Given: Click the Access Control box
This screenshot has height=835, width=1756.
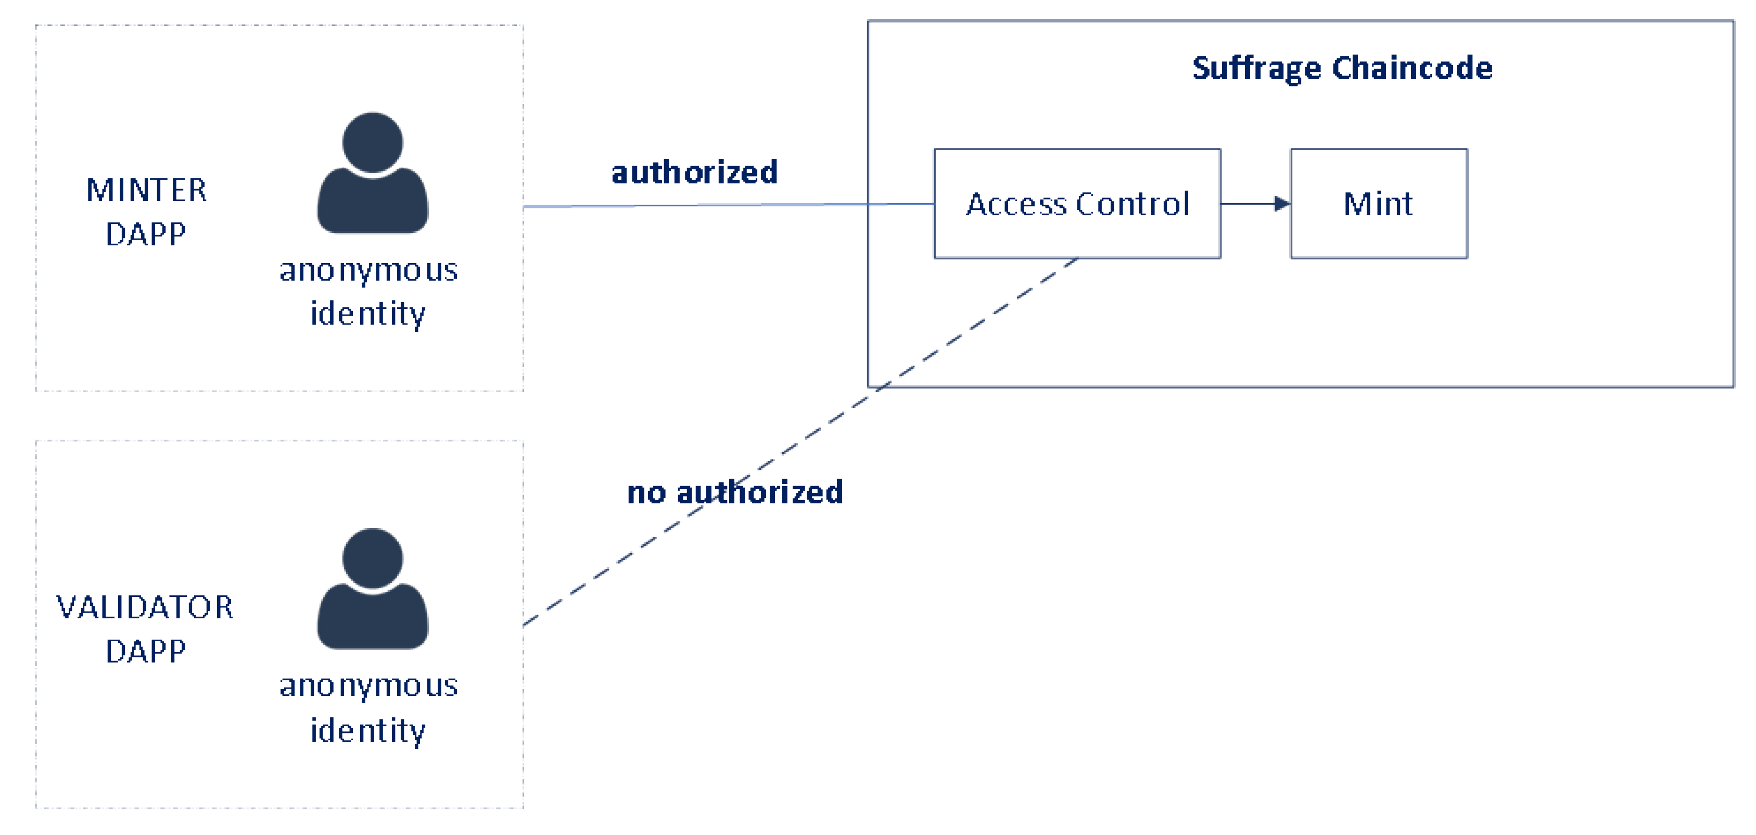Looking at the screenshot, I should pyautogui.click(x=1077, y=203).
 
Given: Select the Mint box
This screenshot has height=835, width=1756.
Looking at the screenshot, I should pyautogui.click(x=1378, y=203).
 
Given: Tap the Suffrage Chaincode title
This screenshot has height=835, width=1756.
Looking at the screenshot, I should pyautogui.click(x=1342, y=68).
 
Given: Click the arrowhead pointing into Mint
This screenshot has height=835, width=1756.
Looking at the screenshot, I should pyautogui.click(x=1281, y=203).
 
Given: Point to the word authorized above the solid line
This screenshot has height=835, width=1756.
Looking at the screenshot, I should pyautogui.click(x=694, y=172).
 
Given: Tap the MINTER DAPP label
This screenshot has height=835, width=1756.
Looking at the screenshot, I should pyautogui.click(x=146, y=211).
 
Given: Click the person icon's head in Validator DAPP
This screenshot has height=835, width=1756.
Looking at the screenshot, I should pyautogui.click(x=372, y=558).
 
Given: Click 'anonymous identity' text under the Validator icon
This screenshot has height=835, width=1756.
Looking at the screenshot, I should pyautogui.click(x=368, y=707).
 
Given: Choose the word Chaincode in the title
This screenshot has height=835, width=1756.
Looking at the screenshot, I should pyautogui.click(x=1412, y=68).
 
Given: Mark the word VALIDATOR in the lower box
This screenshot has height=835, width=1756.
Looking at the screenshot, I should pyautogui.click(x=145, y=606).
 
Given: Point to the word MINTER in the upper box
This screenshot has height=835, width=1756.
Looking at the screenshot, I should pyautogui.click(x=146, y=190).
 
